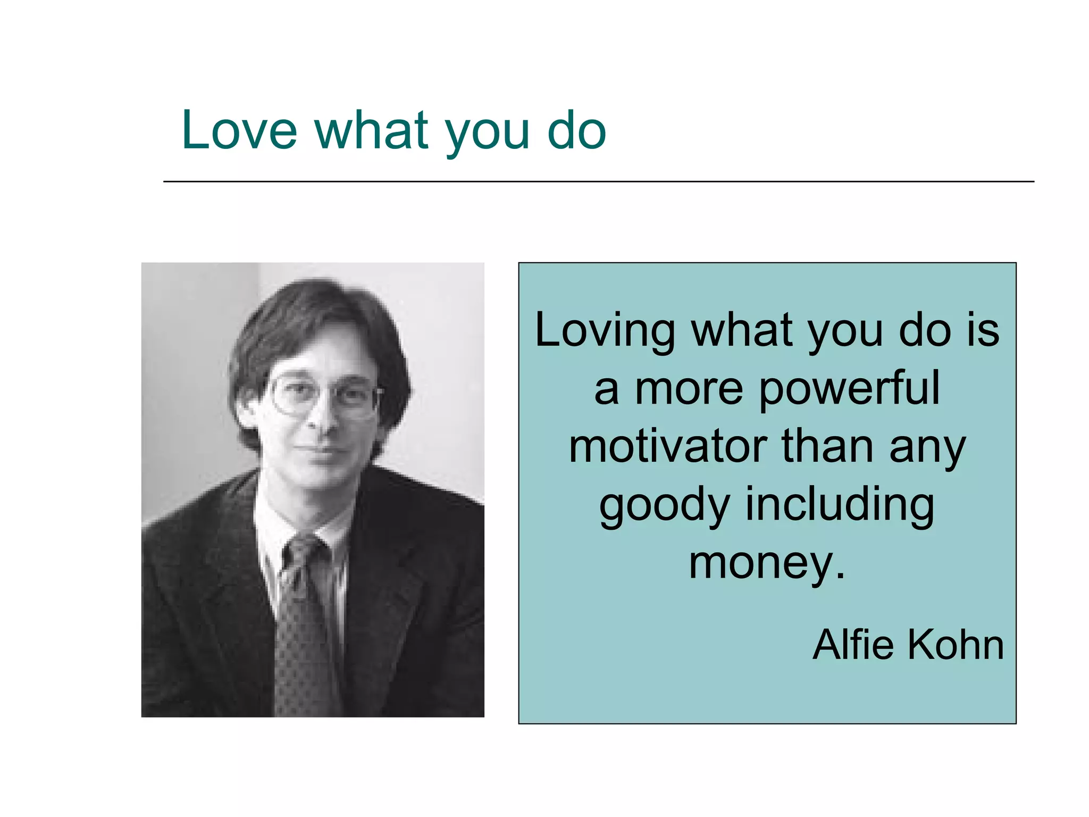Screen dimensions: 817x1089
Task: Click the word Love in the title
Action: tap(239, 130)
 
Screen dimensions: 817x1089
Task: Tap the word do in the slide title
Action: tap(576, 130)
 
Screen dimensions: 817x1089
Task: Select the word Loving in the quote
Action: tap(605, 331)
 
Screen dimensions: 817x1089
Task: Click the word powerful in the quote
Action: tap(849, 389)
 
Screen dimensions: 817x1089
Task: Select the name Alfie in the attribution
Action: tap(854, 645)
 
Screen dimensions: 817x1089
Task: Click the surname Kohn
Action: tap(956, 645)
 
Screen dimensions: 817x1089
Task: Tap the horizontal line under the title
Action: tap(598, 182)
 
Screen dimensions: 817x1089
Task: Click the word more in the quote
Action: tap(689, 389)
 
